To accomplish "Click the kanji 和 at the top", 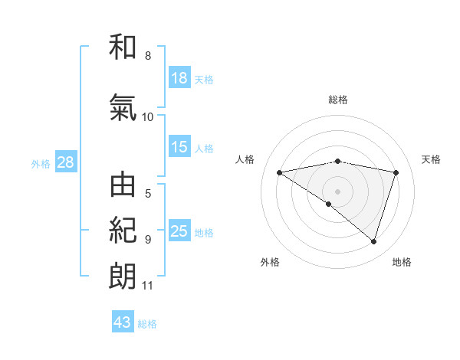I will pyautogui.click(x=123, y=47).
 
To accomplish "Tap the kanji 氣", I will pyautogui.click(x=123, y=108).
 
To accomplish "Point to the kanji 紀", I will pyautogui.click(x=123, y=231).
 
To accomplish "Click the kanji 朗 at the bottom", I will pyautogui.click(x=123, y=276).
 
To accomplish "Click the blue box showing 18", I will pyautogui.click(x=179, y=77).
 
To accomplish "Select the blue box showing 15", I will pyautogui.click(x=179, y=147).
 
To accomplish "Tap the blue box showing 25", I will pyautogui.click(x=179, y=231).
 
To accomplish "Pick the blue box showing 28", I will pyautogui.click(x=65, y=162).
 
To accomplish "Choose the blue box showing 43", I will pyautogui.click(x=123, y=322).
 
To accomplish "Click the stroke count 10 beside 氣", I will pyautogui.click(x=148, y=117).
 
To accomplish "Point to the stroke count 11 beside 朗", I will pyautogui.click(x=148, y=286).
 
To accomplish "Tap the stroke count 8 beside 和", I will pyautogui.click(x=148, y=56).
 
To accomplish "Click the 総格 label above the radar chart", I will pyautogui.click(x=338, y=100).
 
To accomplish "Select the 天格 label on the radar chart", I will pyautogui.click(x=432, y=159).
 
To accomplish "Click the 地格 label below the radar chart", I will pyautogui.click(x=402, y=263).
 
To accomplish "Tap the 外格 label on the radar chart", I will pyautogui.click(x=270, y=263).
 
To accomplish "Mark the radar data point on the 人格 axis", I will pyautogui.click(x=280, y=172).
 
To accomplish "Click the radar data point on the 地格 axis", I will pyautogui.click(x=373, y=241).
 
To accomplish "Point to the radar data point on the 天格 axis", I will pyautogui.click(x=396, y=172).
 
